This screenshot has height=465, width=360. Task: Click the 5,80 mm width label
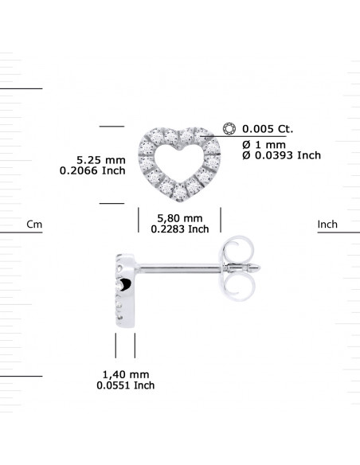[x=180, y=217]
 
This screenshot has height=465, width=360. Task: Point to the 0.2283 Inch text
[x=180, y=229]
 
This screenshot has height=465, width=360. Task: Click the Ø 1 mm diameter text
[x=264, y=144]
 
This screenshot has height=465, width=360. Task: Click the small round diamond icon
[x=230, y=127]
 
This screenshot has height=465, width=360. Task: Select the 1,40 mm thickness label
[x=126, y=374]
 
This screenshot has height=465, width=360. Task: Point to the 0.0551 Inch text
[x=126, y=385]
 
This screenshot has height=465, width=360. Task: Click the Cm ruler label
[x=34, y=225]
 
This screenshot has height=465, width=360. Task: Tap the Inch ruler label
[x=327, y=225]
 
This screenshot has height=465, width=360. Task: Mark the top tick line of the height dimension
[x=112, y=126]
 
